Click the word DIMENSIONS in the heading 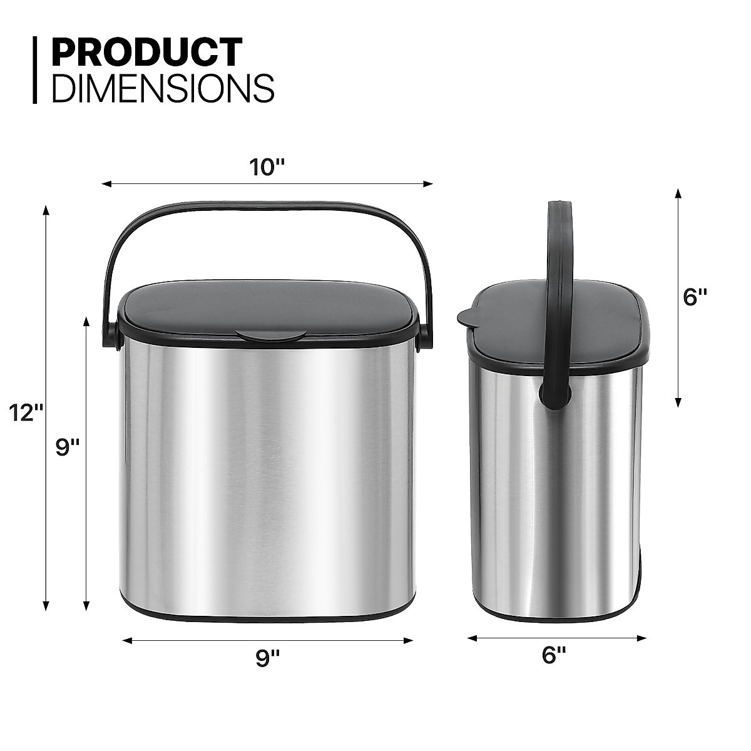(163, 88)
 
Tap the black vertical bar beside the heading (36, 69)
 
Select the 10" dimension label (267, 167)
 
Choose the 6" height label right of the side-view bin (695, 297)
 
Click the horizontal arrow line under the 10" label (267, 184)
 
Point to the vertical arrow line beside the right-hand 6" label (678, 297)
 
